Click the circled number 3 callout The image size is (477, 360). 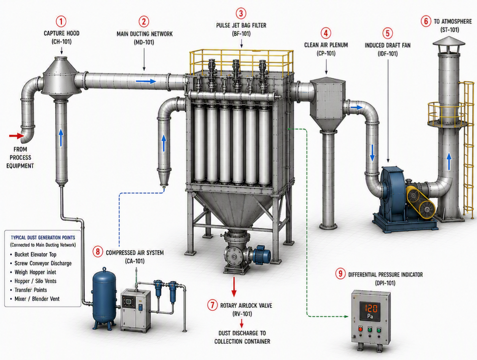pos(241,13)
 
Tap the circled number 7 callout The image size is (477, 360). pos(212,305)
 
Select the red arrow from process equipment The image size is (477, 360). pos(16,136)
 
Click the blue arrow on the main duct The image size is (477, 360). pos(146,81)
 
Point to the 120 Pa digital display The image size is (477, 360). pos(370,311)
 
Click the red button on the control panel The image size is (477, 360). pos(360,329)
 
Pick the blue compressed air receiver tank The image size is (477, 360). pos(104,298)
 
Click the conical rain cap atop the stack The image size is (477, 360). pos(449,41)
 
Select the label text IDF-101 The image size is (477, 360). pos(388,54)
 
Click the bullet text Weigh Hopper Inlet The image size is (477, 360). pos(35,272)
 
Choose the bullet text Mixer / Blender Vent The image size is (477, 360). pos(37,299)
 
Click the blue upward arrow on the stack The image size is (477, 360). pos(449,162)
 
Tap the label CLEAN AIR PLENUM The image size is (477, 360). pos(326,45)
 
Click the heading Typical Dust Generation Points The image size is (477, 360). pos(43,238)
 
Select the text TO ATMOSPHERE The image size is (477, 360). pos(453,22)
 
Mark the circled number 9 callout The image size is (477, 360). pos(340,273)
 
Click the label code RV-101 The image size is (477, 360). pos(242,314)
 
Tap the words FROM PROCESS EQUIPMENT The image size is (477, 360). pos(20,158)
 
